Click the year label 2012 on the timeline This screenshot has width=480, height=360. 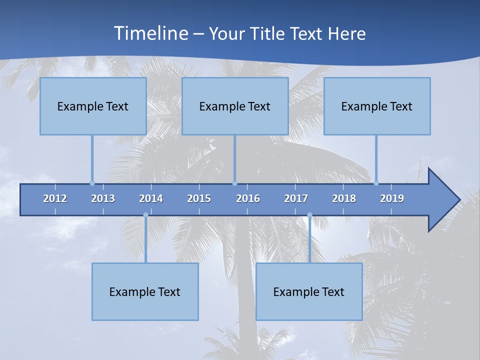pyautogui.click(x=55, y=198)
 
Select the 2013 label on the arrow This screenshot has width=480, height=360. pyautogui.click(x=103, y=198)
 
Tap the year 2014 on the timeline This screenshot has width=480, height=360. pyautogui.click(x=151, y=198)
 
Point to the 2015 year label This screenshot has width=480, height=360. pyautogui.click(x=199, y=198)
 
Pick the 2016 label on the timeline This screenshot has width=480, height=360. pyautogui.click(x=248, y=198)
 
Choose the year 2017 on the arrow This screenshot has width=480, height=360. pyautogui.click(x=296, y=198)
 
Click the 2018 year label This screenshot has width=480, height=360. pyautogui.click(x=344, y=198)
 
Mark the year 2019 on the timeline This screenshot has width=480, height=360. pyautogui.click(x=392, y=198)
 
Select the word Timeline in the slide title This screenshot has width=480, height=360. pyautogui.click(x=150, y=33)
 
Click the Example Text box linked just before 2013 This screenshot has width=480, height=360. pyautogui.click(x=93, y=106)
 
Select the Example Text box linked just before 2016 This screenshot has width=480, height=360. pyautogui.click(x=235, y=106)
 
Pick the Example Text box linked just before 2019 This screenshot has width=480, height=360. pyautogui.click(x=377, y=106)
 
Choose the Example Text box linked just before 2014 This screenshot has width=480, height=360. pyautogui.click(x=145, y=291)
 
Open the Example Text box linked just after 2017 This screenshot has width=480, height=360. pyautogui.click(x=309, y=291)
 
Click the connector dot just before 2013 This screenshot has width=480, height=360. pyautogui.click(x=92, y=183)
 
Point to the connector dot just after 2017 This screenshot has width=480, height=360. pyautogui.click(x=309, y=215)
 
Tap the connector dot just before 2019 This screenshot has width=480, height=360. pyautogui.click(x=376, y=183)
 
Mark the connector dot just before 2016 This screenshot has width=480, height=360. pyautogui.click(x=234, y=183)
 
